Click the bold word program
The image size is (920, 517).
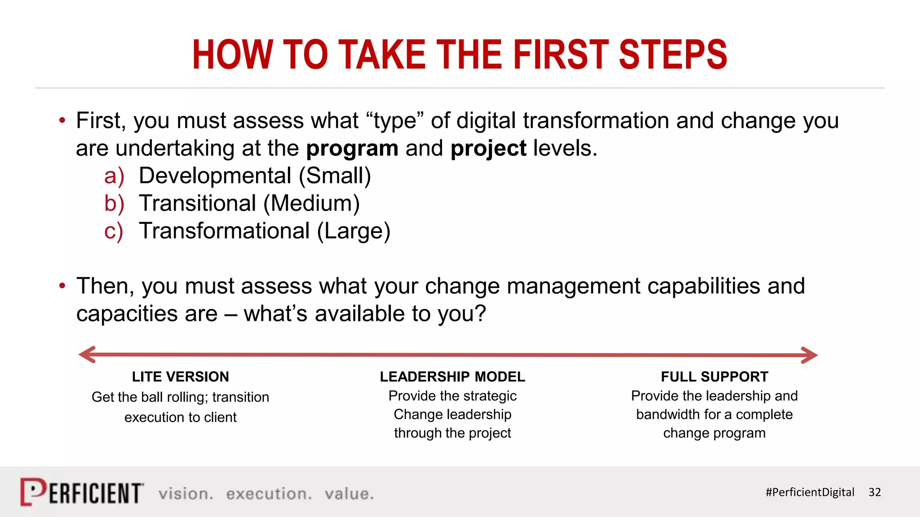click(352, 149)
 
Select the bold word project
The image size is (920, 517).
click(488, 149)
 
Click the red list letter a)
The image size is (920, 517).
click(114, 176)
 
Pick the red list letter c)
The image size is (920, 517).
click(113, 231)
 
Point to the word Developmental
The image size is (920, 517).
click(215, 176)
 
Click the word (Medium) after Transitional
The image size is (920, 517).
click(311, 203)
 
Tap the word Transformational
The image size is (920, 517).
click(224, 231)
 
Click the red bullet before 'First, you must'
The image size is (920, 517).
click(62, 120)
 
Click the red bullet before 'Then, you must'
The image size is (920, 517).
click(62, 286)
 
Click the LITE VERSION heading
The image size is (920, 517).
click(180, 377)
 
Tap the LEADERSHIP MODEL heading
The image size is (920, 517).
click(452, 377)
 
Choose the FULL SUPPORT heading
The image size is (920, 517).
click(714, 377)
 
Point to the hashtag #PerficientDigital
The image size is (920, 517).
click(809, 492)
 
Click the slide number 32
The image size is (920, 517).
click(874, 492)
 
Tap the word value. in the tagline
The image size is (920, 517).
click(349, 494)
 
